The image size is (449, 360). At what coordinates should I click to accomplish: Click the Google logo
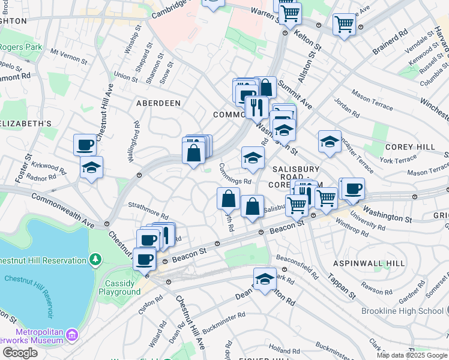[x=20, y=353]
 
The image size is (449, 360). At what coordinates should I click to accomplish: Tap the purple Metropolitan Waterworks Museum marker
[x=72, y=334]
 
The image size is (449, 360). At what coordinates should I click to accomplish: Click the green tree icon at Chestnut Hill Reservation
[x=95, y=259]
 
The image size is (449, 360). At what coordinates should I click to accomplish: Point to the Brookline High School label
[x=402, y=311]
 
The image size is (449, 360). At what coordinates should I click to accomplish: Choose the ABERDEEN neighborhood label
[x=158, y=103]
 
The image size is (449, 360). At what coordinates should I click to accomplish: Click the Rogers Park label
[x=19, y=46]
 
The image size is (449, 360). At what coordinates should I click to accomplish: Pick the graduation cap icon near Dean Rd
[x=265, y=279]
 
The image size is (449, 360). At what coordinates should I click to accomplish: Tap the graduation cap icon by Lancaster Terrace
[x=330, y=142]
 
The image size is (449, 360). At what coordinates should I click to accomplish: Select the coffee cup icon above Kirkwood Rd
[x=85, y=145]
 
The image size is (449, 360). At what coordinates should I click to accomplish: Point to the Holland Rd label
[x=280, y=348]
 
